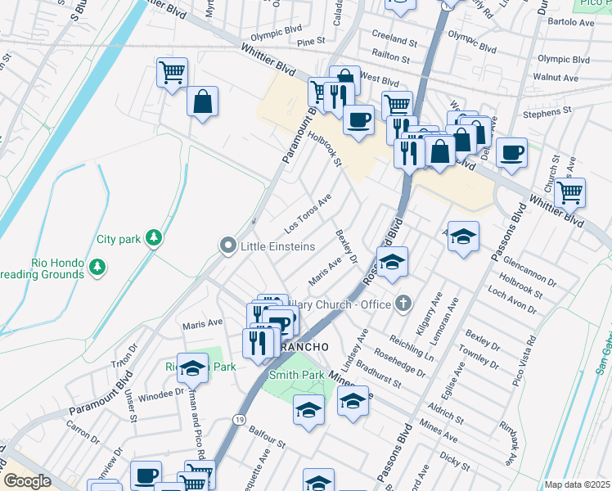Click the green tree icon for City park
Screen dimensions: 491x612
(152, 238)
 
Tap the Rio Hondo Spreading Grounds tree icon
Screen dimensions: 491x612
(97, 266)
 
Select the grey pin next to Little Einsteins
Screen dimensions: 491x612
(227, 245)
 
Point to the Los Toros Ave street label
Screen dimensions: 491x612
(308, 212)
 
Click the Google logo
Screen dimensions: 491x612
(27, 481)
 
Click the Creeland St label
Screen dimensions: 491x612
(395, 38)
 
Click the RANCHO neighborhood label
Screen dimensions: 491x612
(304, 347)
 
